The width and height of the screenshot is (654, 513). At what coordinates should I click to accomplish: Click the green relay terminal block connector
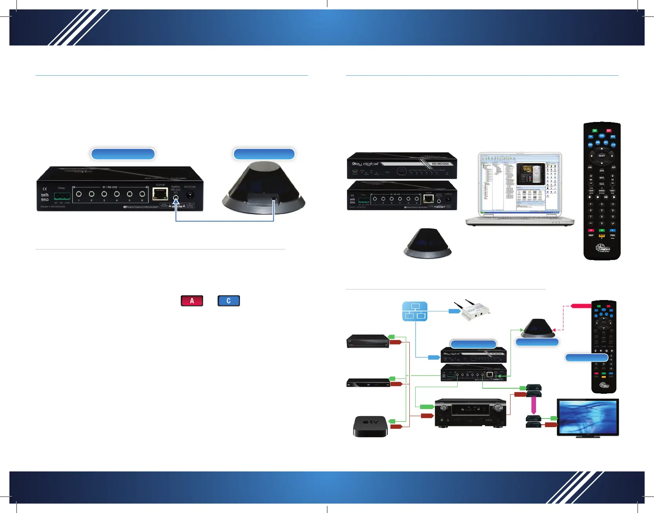pyautogui.click(x=62, y=196)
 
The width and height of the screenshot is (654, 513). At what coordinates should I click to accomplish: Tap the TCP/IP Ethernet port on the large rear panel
pyautogui.click(x=160, y=194)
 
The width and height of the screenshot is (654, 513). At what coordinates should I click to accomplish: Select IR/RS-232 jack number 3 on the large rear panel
pyautogui.click(x=104, y=194)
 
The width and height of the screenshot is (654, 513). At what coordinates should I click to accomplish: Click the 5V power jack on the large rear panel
pyautogui.click(x=190, y=195)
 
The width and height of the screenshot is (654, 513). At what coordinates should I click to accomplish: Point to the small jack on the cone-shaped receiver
pyautogui.click(x=273, y=199)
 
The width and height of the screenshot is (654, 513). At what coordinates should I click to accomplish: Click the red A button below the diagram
pyautogui.click(x=192, y=301)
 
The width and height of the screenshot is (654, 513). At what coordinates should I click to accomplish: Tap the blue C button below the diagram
pyautogui.click(x=229, y=301)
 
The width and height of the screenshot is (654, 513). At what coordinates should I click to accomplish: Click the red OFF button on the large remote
pyautogui.click(x=609, y=131)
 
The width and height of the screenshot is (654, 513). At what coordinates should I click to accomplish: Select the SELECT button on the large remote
pyautogui.click(x=601, y=156)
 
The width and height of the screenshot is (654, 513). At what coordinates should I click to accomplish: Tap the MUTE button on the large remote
pyautogui.click(x=601, y=178)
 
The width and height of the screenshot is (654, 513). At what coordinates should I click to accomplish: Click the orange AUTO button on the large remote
pyautogui.click(x=601, y=236)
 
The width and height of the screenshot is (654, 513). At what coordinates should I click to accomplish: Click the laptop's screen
pyautogui.click(x=520, y=183)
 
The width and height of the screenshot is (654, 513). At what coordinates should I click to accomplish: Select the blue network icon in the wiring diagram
pyautogui.click(x=415, y=311)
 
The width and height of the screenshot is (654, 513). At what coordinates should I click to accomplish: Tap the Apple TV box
pyautogui.click(x=370, y=426)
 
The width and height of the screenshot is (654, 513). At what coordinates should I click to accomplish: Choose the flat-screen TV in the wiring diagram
pyautogui.click(x=587, y=417)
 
